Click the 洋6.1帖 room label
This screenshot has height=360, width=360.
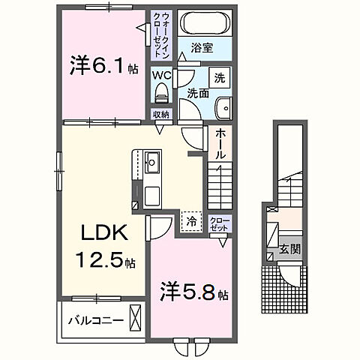[x=104, y=67]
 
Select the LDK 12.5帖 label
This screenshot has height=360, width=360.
[x=102, y=247]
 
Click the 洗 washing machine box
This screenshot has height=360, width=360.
[x=220, y=77]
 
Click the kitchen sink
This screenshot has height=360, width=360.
[x=151, y=160]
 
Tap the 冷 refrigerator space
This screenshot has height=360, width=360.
[x=190, y=221]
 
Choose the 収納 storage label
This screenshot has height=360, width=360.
[x=161, y=114]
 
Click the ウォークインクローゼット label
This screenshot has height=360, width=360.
[x=164, y=34]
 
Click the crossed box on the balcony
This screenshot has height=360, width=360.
[x=135, y=318]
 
